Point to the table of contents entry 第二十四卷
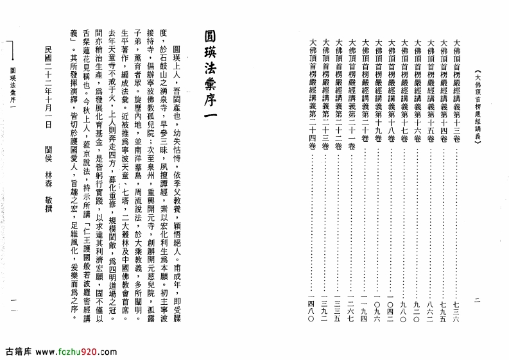click(x=311, y=90)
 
